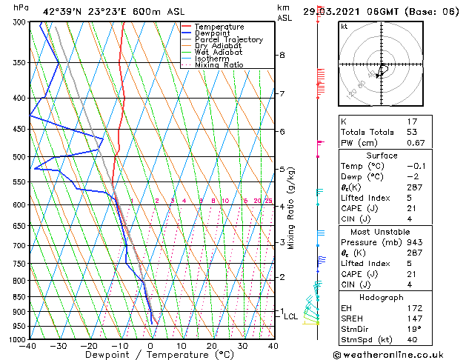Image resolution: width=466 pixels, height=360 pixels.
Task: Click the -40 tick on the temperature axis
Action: (29, 346)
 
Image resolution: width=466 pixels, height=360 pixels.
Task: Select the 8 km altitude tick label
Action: (282, 55)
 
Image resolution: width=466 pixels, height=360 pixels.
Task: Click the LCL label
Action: (291, 316)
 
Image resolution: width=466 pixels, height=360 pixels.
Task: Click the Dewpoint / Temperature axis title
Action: (150, 356)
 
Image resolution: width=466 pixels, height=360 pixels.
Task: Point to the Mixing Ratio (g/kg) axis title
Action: (291, 208)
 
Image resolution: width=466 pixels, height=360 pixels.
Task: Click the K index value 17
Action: (413, 121)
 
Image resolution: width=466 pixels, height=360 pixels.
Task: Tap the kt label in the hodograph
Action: (344, 26)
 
